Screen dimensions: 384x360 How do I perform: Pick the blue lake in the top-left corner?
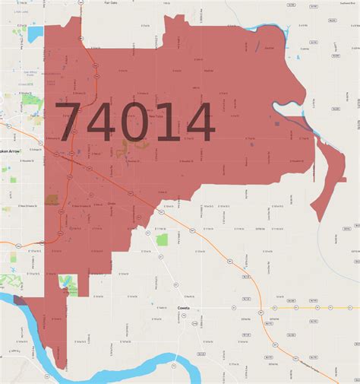point(35,34)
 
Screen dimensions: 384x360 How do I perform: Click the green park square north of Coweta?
point(162,240)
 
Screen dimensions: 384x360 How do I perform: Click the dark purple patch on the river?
point(20,301)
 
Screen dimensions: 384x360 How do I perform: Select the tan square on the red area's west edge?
point(52,199)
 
